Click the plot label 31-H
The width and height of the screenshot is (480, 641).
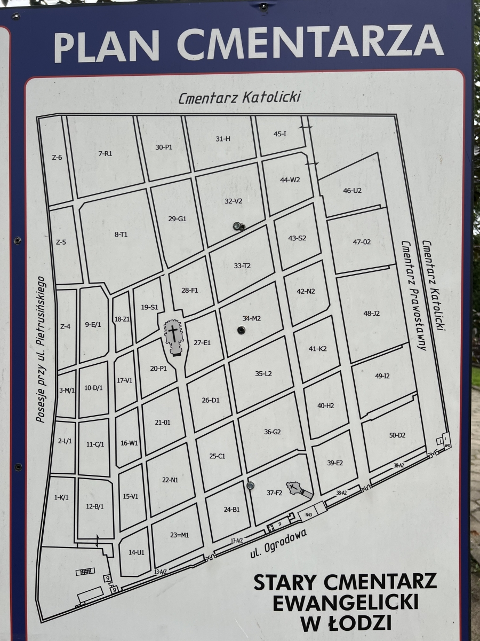(x=223, y=139)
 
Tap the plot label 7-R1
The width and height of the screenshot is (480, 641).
(x=105, y=154)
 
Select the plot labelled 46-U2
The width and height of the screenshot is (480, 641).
(x=352, y=191)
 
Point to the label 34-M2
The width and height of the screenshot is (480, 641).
(x=252, y=318)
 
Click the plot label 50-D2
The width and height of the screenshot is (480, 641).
(x=397, y=435)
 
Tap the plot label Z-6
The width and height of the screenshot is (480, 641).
(x=57, y=158)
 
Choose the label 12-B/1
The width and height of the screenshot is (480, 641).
(x=94, y=506)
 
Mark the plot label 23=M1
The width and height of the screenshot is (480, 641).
(x=180, y=535)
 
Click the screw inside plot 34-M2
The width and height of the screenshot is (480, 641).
(x=241, y=330)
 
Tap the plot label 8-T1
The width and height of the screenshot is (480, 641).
(x=121, y=234)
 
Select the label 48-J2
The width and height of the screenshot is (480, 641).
(x=371, y=314)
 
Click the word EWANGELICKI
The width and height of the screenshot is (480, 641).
(x=345, y=602)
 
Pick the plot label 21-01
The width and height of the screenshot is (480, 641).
(x=163, y=423)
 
